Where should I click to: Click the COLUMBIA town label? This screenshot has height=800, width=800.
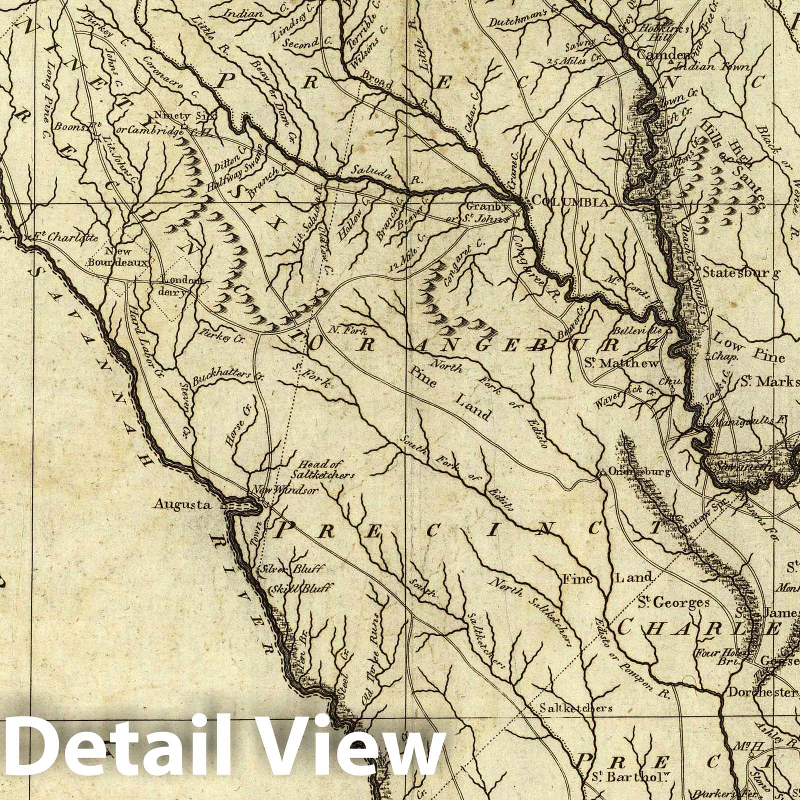tap(569, 201)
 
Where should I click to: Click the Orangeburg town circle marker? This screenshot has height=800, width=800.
tap(603, 472)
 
